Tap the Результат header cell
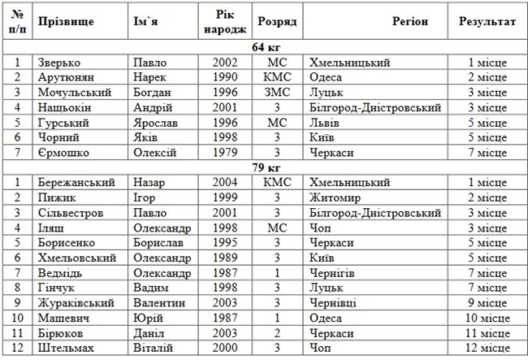point(487,21)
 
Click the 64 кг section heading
point(264,46)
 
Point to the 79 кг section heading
point(264,167)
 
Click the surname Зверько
point(58,62)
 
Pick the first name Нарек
point(150,76)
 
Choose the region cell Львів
point(325,122)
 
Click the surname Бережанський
point(76,183)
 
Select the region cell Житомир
point(334,197)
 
